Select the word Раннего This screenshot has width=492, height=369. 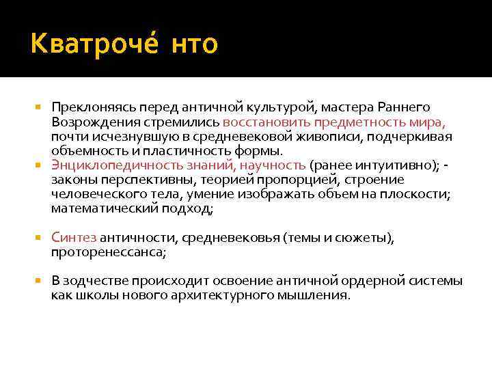pyautogui.click(x=407, y=107)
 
